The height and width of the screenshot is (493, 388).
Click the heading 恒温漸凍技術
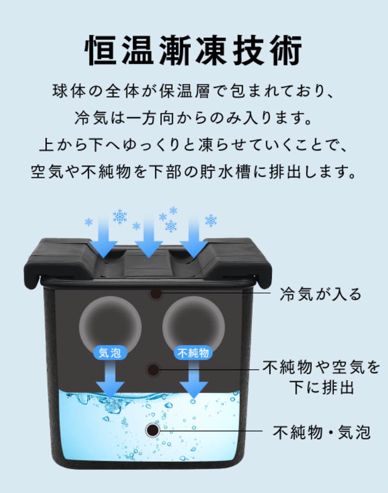click(x=193, y=50)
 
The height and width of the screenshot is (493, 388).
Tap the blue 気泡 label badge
click(x=110, y=353)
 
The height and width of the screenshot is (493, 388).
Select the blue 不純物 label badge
click(x=193, y=353)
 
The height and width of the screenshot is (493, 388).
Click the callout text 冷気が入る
click(x=320, y=294)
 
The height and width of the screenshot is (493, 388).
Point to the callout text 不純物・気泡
click(x=322, y=432)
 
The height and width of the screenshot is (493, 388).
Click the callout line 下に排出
click(x=322, y=387)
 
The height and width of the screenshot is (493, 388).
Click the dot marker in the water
click(x=153, y=430)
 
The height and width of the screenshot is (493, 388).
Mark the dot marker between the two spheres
click(x=153, y=370)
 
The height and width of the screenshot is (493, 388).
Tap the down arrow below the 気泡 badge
click(x=110, y=379)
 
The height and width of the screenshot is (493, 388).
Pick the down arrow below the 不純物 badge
click(x=194, y=379)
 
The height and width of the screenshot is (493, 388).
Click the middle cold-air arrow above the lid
click(x=149, y=237)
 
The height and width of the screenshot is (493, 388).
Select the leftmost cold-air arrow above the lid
click(x=104, y=237)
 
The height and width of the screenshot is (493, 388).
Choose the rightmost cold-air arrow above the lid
click(x=194, y=237)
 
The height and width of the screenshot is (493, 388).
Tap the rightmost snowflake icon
click(x=211, y=221)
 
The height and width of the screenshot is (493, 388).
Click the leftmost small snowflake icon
click(x=89, y=223)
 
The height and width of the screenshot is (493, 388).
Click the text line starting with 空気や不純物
click(x=193, y=172)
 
